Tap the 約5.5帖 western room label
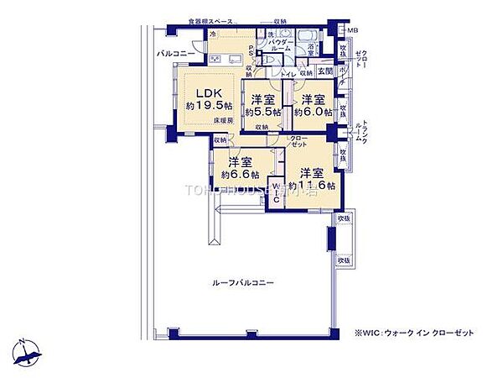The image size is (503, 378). (262, 105)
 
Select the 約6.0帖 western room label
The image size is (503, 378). (313, 105)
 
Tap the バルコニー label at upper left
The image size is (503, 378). (175, 54)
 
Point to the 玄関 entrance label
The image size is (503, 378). (325, 72)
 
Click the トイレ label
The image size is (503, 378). (286, 74)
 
